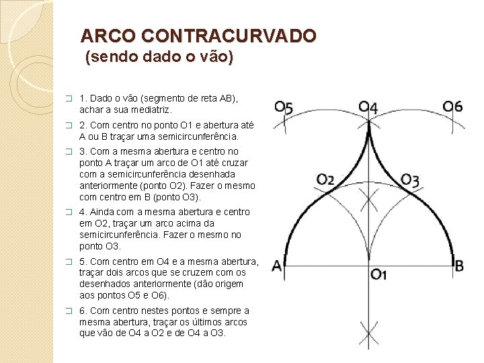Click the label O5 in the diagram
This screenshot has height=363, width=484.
(284, 108)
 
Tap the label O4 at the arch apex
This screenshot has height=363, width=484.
(368, 107)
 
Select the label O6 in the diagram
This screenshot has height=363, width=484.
(452, 107)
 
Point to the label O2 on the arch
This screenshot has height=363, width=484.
(326, 179)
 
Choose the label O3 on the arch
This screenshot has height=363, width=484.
(410, 179)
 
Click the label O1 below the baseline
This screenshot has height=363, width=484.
(379, 274)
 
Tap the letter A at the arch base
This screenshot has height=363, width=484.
(277, 266)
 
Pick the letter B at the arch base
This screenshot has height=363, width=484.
(459, 266)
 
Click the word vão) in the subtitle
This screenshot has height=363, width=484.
(216, 58)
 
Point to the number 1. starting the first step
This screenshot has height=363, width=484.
(83, 98)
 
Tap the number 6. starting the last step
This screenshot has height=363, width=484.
(83, 311)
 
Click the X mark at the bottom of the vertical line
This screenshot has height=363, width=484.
(368, 333)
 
